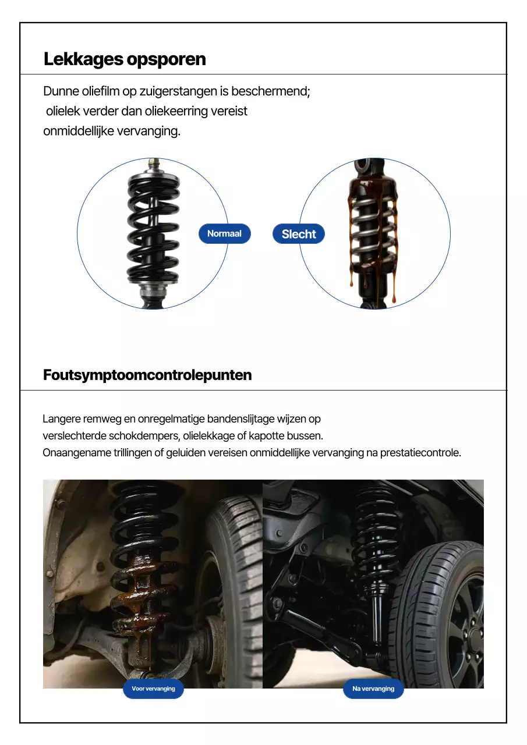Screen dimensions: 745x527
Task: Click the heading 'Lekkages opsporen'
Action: point(125,59)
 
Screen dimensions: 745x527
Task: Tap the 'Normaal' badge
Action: point(224,233)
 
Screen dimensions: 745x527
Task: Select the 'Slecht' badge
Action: point(299,234)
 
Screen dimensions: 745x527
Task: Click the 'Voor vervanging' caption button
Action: point(153,689)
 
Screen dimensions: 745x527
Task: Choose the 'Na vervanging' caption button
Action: point(373,689)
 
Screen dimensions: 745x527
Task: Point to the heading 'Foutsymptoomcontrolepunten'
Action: point(147,375)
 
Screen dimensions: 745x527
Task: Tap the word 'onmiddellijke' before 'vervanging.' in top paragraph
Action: point(79,131)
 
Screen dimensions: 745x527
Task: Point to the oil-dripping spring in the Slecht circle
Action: point(373,233)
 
